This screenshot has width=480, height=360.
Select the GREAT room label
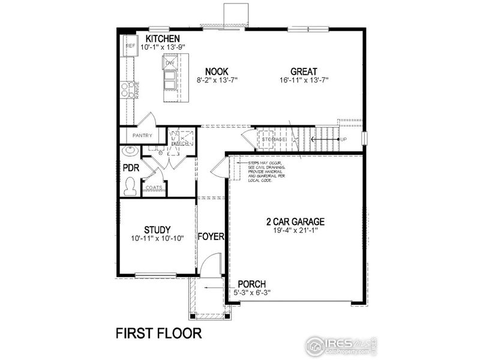click(304, 71)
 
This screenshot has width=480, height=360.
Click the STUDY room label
click(158, 229)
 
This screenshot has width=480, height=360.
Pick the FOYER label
click(211, 236)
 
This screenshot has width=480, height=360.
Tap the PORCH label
click(251, 284)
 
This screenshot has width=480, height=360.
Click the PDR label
click(131, 169)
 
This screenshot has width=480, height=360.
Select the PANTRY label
click(142, 136)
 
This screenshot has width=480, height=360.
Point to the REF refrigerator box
click(129, 46)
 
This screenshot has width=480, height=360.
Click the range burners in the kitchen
click(127, 90)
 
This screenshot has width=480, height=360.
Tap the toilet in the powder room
click(130, 187)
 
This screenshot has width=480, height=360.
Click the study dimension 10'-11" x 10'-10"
click(158, 238)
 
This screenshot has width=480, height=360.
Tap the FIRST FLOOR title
click(158, 332)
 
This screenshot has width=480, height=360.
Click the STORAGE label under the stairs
click(274, 140)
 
